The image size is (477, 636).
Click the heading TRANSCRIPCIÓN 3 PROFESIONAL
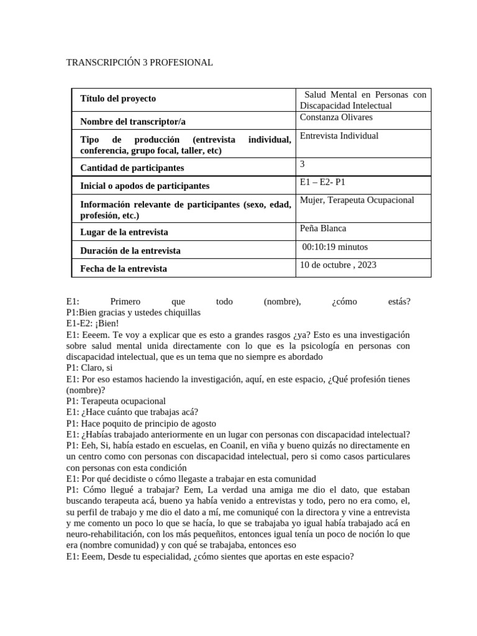[139, 63]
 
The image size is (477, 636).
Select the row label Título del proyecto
[118, 99]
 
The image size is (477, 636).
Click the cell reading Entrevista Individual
[338, 135]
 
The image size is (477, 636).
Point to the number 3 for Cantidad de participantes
[302, 163]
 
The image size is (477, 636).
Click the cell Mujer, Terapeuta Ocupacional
[357, 200]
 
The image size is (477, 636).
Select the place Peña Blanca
[323, 228]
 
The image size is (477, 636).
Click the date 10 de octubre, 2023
[338, 265]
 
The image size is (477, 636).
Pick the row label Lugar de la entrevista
[124, 232]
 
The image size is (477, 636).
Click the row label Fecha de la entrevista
[124, 269]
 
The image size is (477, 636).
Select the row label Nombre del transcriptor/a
[134, 121]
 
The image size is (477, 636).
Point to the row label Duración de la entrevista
[130, 251]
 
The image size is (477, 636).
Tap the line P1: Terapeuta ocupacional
[116, 401]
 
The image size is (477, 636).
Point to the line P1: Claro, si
[89, 368]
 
